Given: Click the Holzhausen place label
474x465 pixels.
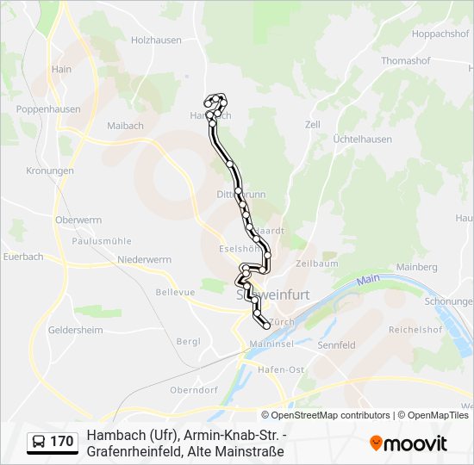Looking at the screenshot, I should point(155,39).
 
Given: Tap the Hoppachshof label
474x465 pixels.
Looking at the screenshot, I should point(440,34).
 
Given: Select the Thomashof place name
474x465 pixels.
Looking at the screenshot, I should point(407,61).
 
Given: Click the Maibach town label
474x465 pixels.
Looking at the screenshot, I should point(125,126).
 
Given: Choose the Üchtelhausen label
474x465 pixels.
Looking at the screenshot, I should point(362,139).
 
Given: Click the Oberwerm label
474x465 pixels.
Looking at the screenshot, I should point(78,220).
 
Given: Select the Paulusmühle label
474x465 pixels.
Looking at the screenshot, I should point(102,241).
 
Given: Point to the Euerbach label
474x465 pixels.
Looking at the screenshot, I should point(23,257).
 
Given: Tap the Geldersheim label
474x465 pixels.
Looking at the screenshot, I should point(75,330).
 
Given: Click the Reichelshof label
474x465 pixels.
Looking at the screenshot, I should point(415,329).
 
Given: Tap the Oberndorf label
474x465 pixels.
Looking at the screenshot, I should point(193,389).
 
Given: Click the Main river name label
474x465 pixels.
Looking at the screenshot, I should point(369,279).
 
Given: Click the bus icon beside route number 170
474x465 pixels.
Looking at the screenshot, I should point(39,443).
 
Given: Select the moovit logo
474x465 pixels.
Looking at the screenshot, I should point(409,443).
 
